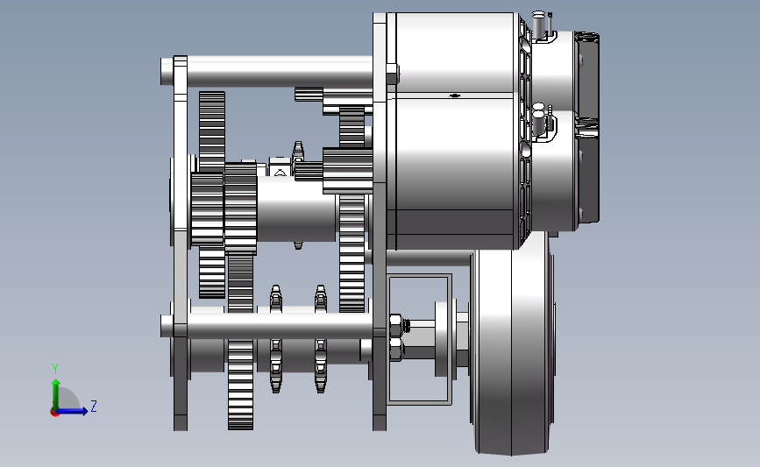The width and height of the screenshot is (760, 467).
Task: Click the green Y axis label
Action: click(x=55, y=369)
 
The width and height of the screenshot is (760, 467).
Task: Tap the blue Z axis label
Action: click(x=94, y=406)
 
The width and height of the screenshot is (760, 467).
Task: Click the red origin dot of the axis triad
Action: click(x=54, y=413)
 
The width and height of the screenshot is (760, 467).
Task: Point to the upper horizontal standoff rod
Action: click(x=267, y=72)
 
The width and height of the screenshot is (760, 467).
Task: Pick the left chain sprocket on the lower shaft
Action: click(x=276, y=339)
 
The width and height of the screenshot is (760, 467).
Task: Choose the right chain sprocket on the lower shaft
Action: click(x=320, y=339)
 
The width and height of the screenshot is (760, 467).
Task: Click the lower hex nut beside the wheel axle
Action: click(x=396, y=349)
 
